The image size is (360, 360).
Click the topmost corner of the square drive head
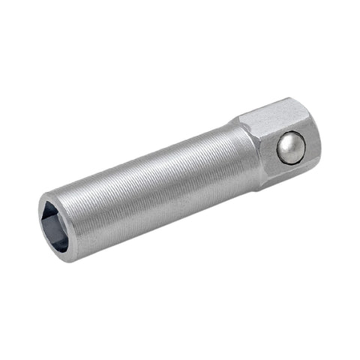(x=292, y=98)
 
